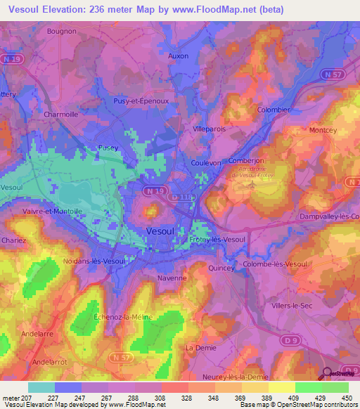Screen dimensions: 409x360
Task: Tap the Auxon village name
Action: (x=179, y=55)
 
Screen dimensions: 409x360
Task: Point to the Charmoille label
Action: (x=60, y=114)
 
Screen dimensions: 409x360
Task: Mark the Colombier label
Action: (x=274, y=110)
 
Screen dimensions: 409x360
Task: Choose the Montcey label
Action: (x=323, y=130)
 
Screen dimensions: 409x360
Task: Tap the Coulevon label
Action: (x=206, y=162)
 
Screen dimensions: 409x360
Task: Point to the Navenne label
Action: (x=172, y=278)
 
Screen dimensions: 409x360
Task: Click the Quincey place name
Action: (x=220, y=268)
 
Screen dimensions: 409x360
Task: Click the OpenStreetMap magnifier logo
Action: (x=327, y=373)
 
